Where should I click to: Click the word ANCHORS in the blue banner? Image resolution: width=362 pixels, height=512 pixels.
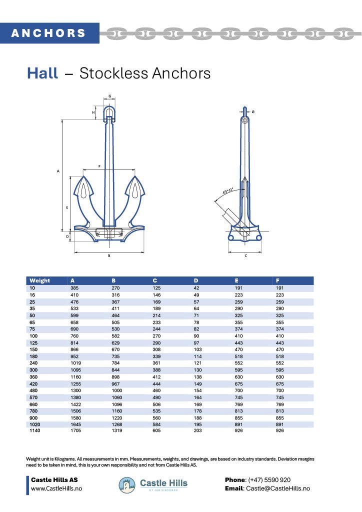click(48, 33)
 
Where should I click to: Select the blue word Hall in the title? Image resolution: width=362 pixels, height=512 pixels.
click(42, 73)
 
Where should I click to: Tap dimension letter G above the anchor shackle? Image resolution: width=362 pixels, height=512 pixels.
click(109, 96)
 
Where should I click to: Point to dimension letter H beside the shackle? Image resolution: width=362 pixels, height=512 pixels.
click(93, 113)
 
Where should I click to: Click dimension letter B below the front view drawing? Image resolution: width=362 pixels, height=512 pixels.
click(109, 255)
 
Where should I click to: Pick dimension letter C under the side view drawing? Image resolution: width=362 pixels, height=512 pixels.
click(245, 255)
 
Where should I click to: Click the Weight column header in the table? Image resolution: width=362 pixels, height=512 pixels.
click(39, 280)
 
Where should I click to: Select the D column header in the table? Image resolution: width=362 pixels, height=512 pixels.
click(195, 280)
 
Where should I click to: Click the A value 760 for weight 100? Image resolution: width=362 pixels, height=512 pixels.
click(75, 336)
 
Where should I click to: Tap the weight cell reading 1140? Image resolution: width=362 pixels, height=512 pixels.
click(34, 431)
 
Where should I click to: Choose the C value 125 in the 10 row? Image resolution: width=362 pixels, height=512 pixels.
click(157, 288)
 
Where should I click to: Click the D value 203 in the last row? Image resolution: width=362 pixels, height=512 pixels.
click(197, 431)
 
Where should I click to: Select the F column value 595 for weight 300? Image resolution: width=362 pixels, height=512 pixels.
click(280, 370)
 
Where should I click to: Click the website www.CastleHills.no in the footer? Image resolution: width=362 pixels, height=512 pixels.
click(56, 488)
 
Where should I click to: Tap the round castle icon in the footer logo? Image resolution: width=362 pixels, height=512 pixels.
click(127, 484)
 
